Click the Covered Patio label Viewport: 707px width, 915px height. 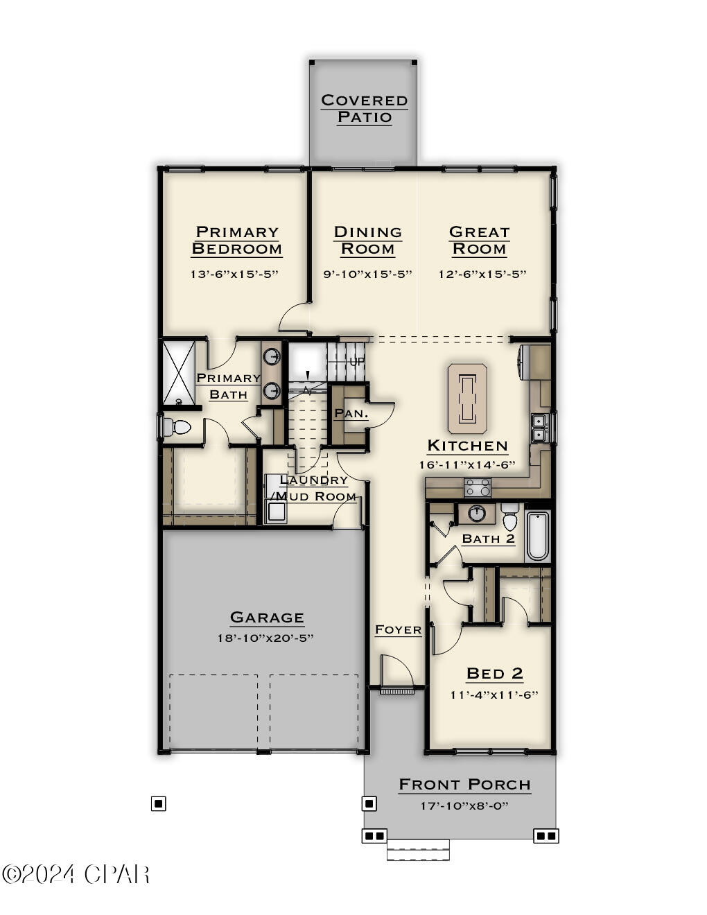click(364, 109)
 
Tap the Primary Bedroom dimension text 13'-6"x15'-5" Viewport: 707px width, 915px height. click(234, 274)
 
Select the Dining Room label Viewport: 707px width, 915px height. click(368, 241)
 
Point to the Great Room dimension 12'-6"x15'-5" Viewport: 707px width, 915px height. click(482, 274)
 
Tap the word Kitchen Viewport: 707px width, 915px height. click(467, 446)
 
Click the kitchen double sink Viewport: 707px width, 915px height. click(538, 427)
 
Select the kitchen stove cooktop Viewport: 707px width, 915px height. click(478, 487)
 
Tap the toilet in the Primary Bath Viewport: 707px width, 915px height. click(177, 427)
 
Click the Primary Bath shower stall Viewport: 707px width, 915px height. click(179, 372)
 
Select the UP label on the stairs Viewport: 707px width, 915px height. click(357, 362)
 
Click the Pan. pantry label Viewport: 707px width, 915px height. click(351, 413)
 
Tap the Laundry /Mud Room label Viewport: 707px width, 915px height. click(314, 488)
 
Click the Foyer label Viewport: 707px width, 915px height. click(398, 629)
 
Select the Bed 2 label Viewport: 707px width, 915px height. click(494, 673)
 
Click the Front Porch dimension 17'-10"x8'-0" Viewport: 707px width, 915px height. click(464, 805)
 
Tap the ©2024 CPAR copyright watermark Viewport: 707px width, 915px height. click(76, 875)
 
